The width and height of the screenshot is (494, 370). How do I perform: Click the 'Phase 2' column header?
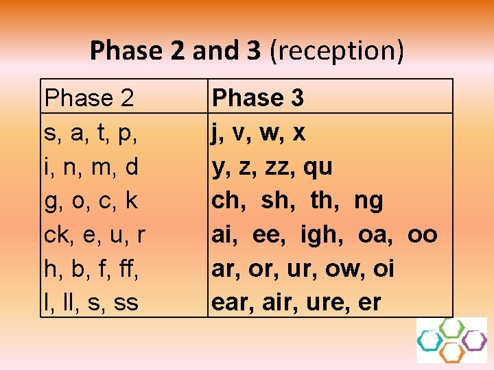click(x=89, y=99)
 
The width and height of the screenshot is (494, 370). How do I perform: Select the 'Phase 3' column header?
click(x=258, y=99)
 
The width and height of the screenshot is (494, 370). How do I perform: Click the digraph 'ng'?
click(x=368, y=201)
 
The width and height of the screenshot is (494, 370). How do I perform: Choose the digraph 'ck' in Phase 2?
click(x=56, y=235)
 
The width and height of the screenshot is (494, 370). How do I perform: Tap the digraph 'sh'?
click(x=276, y=201)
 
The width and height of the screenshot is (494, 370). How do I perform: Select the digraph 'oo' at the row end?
click(x=422, y=235)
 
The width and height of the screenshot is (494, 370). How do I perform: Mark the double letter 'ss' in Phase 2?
click(x=126, y=302)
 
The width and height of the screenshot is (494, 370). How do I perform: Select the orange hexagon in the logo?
click(x=451, y=352)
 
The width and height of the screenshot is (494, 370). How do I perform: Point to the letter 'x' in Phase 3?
click(x=298, y=133)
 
